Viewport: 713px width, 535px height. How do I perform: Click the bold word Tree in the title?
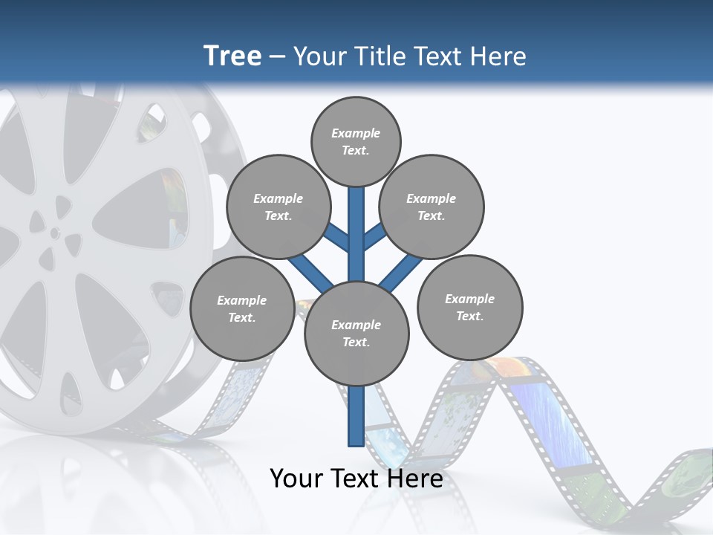coord(232,56)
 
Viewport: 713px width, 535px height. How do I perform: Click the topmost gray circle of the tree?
coord(356,141)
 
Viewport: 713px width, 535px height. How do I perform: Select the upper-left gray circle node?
coord(278,207)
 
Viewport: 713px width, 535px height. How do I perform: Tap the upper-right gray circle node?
coord(432,207)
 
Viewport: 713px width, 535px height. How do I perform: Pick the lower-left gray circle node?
coord(241,308)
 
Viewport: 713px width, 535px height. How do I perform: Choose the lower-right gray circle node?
coord(470,307)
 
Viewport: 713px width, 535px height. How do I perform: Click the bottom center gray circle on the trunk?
coord(356,333)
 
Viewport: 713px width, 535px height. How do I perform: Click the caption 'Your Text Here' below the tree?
coord(356,479)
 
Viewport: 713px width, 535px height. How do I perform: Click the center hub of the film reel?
coord(55,233)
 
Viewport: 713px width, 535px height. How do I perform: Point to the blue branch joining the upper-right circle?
coord(374,237)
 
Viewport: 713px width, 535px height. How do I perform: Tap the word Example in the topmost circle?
coord(356,133)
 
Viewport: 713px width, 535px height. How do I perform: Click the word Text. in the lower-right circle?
coord(470,316)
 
